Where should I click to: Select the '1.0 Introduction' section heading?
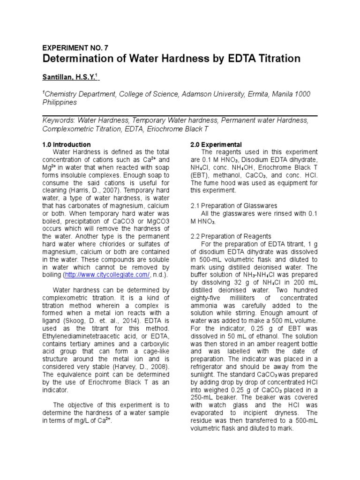[67, 144]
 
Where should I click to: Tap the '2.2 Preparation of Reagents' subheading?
[231, 236]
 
